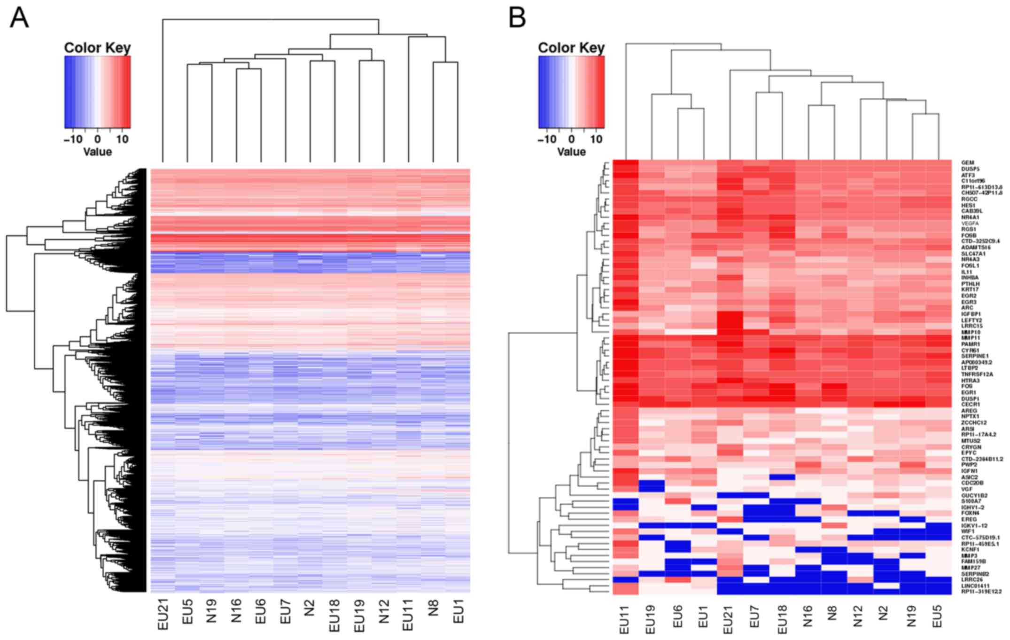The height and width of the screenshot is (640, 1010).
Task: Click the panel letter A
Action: pyautogui.click(x=19, y=18)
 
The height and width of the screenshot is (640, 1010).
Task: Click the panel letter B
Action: pyautogui.click(x=517, y=18)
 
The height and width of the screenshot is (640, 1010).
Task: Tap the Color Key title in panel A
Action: pyautogui.click(x=97, y=48)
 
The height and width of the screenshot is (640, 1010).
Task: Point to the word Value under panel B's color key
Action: pyautogui.click(x=571, y=152)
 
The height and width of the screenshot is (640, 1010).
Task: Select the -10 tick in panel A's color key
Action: pyautogui.click(x=73, y=139)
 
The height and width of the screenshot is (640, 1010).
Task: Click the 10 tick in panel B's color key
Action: pyautogui.click(x=596, y=139)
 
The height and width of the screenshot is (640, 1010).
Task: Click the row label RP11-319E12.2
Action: pyautogui.click(x=981, y=592)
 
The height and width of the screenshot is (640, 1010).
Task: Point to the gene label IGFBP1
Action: pyautogui.click(x=971, y=314)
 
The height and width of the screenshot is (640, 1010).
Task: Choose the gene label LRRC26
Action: pyautogui.click(x=971, y=580)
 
